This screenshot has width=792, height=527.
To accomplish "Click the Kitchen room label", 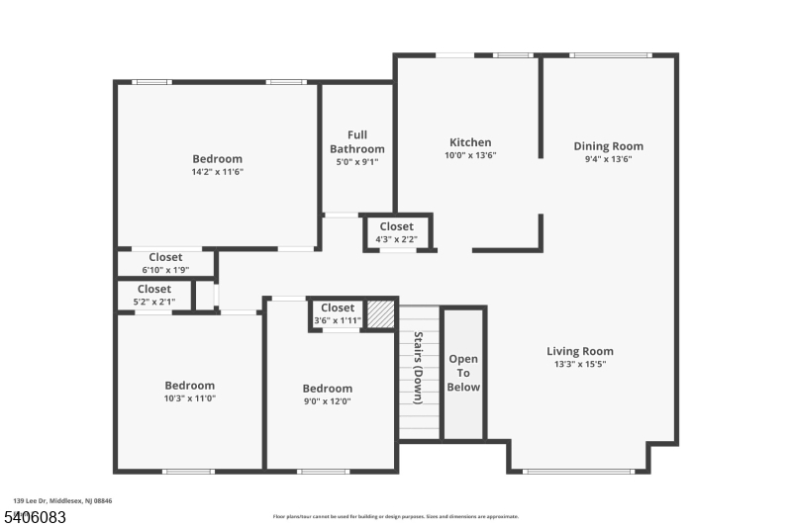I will point(470,142).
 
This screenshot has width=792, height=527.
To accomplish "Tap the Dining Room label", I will point(609,146).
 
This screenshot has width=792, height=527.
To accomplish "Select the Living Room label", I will point(580,351).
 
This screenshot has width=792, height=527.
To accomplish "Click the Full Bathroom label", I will point(357,141).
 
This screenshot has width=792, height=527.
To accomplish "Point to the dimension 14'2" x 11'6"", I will point(217,172).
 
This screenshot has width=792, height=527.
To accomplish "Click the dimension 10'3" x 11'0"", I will point(189,398).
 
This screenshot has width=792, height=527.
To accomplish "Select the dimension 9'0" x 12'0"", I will point(327,401).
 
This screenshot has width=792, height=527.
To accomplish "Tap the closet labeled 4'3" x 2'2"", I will point(397,232).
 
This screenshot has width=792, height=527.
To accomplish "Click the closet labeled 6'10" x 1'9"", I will point(165,263).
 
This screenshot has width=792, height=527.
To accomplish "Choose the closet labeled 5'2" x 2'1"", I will point(153,295).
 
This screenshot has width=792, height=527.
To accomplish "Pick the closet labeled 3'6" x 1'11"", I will point(337,313).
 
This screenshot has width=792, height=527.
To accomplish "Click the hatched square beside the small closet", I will point(381,313).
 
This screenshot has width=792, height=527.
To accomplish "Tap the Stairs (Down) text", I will point(419,367).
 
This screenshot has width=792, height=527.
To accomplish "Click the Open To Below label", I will point(463,373).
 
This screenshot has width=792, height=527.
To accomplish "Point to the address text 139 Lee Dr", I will point(62,501).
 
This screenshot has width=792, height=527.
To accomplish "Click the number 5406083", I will point(34,516).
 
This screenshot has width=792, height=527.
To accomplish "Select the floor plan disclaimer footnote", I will point(395,516).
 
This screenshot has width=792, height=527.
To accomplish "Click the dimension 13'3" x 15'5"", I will point(580,365).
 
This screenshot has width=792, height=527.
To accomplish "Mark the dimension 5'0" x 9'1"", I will point(357,162).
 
